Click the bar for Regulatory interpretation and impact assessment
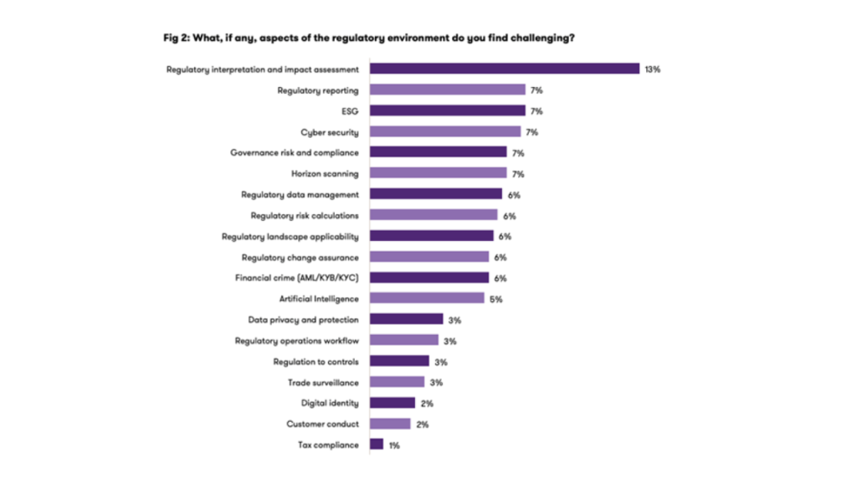point(505,69)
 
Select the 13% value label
point(653,69)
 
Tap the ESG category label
point(351,110)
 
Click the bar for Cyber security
point(445,131)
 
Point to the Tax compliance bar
point(377,445)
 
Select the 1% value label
point(393,446)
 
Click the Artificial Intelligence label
point(319,299)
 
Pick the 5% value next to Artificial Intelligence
point(495,299)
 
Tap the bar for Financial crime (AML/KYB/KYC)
point(429,278)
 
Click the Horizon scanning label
point(325,173)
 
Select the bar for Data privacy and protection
point(406,320)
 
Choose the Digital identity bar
point(393,403)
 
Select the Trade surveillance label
point(323,382)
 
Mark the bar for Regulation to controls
point(399,361)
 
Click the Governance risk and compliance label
point(295,152)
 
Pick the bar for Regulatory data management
point(436,194)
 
